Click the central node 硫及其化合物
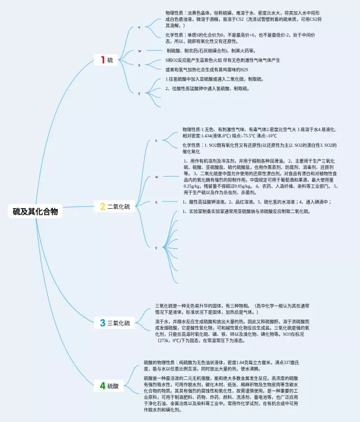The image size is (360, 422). [35, 212]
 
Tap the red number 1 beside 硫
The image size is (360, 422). [103, 60]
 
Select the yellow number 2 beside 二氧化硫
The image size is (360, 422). [102, 206]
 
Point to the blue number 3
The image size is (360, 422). [102, 323]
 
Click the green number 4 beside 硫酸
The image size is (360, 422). [102, 385]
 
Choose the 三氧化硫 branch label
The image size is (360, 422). [119, 324]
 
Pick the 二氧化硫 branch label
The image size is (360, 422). [119, 207]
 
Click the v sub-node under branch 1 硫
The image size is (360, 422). [139, 27]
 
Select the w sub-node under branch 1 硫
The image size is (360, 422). [139, 51]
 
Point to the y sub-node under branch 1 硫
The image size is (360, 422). [139, 93]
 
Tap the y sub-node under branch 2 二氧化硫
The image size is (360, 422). [156, 248]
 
